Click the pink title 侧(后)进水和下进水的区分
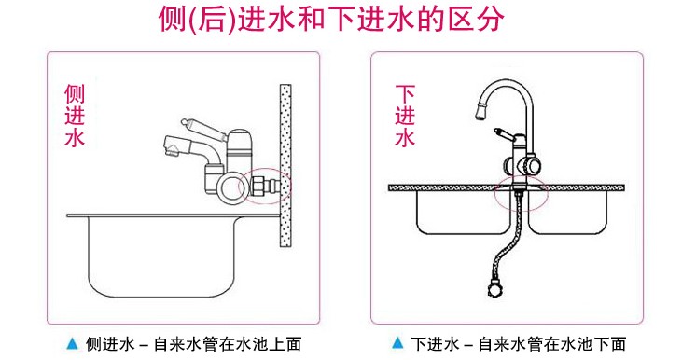click(x=331, y=20)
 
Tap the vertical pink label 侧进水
click(x=75, y=116)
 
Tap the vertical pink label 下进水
click(x=405, y=116)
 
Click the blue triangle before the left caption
click(x=72, y=342)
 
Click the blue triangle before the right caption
click(x=397, y=342)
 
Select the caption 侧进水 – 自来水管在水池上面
click(x=194, y=344)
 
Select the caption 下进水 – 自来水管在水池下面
click(x=519, y=344)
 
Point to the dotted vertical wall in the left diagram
click(x=285, y=166)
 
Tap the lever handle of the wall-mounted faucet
click(x=203, y=129)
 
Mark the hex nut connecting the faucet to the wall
click(x=258, y=186)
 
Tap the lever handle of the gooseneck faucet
click(x=505, y=133)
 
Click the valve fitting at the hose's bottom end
click(x=494, y=287)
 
